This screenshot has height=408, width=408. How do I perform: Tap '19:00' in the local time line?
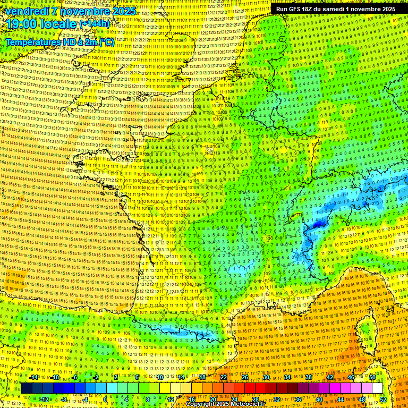pyautogui.click(x=20, y=24)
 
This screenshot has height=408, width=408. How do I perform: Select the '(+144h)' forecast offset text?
pyautogui.click(x=94, y=24)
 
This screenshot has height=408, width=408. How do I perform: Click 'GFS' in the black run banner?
pyautogui.click(x=297, y=9)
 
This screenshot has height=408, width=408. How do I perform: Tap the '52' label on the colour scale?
pyautogui.click(x=383, y=399)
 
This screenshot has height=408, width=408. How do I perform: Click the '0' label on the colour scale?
pyautogui.click(x=105, y=399)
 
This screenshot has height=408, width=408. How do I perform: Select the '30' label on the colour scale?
pyautogui.click(x=266, y=377)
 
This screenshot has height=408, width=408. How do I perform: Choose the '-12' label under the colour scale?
pyautogui.click(x=44, y=399)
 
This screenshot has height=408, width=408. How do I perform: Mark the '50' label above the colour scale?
pyautogui.click(x=372, y=377)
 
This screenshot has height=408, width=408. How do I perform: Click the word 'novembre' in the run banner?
pyautogui.click(x=372, y=9)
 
